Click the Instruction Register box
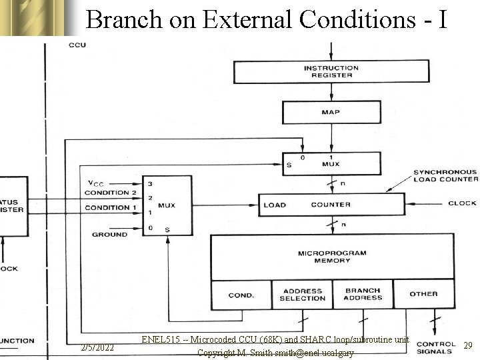331,72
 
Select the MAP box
331,112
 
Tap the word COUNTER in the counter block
331,205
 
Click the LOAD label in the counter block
274,205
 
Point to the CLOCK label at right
462,203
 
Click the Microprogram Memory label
333,257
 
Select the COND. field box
241,295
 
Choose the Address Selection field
302,295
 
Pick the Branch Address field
363,294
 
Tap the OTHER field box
424,294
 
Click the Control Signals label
436,348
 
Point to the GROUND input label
109,235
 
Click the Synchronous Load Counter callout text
445,175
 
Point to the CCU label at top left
77,45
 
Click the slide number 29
468,345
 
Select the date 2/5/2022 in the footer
97,348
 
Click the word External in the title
248,20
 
